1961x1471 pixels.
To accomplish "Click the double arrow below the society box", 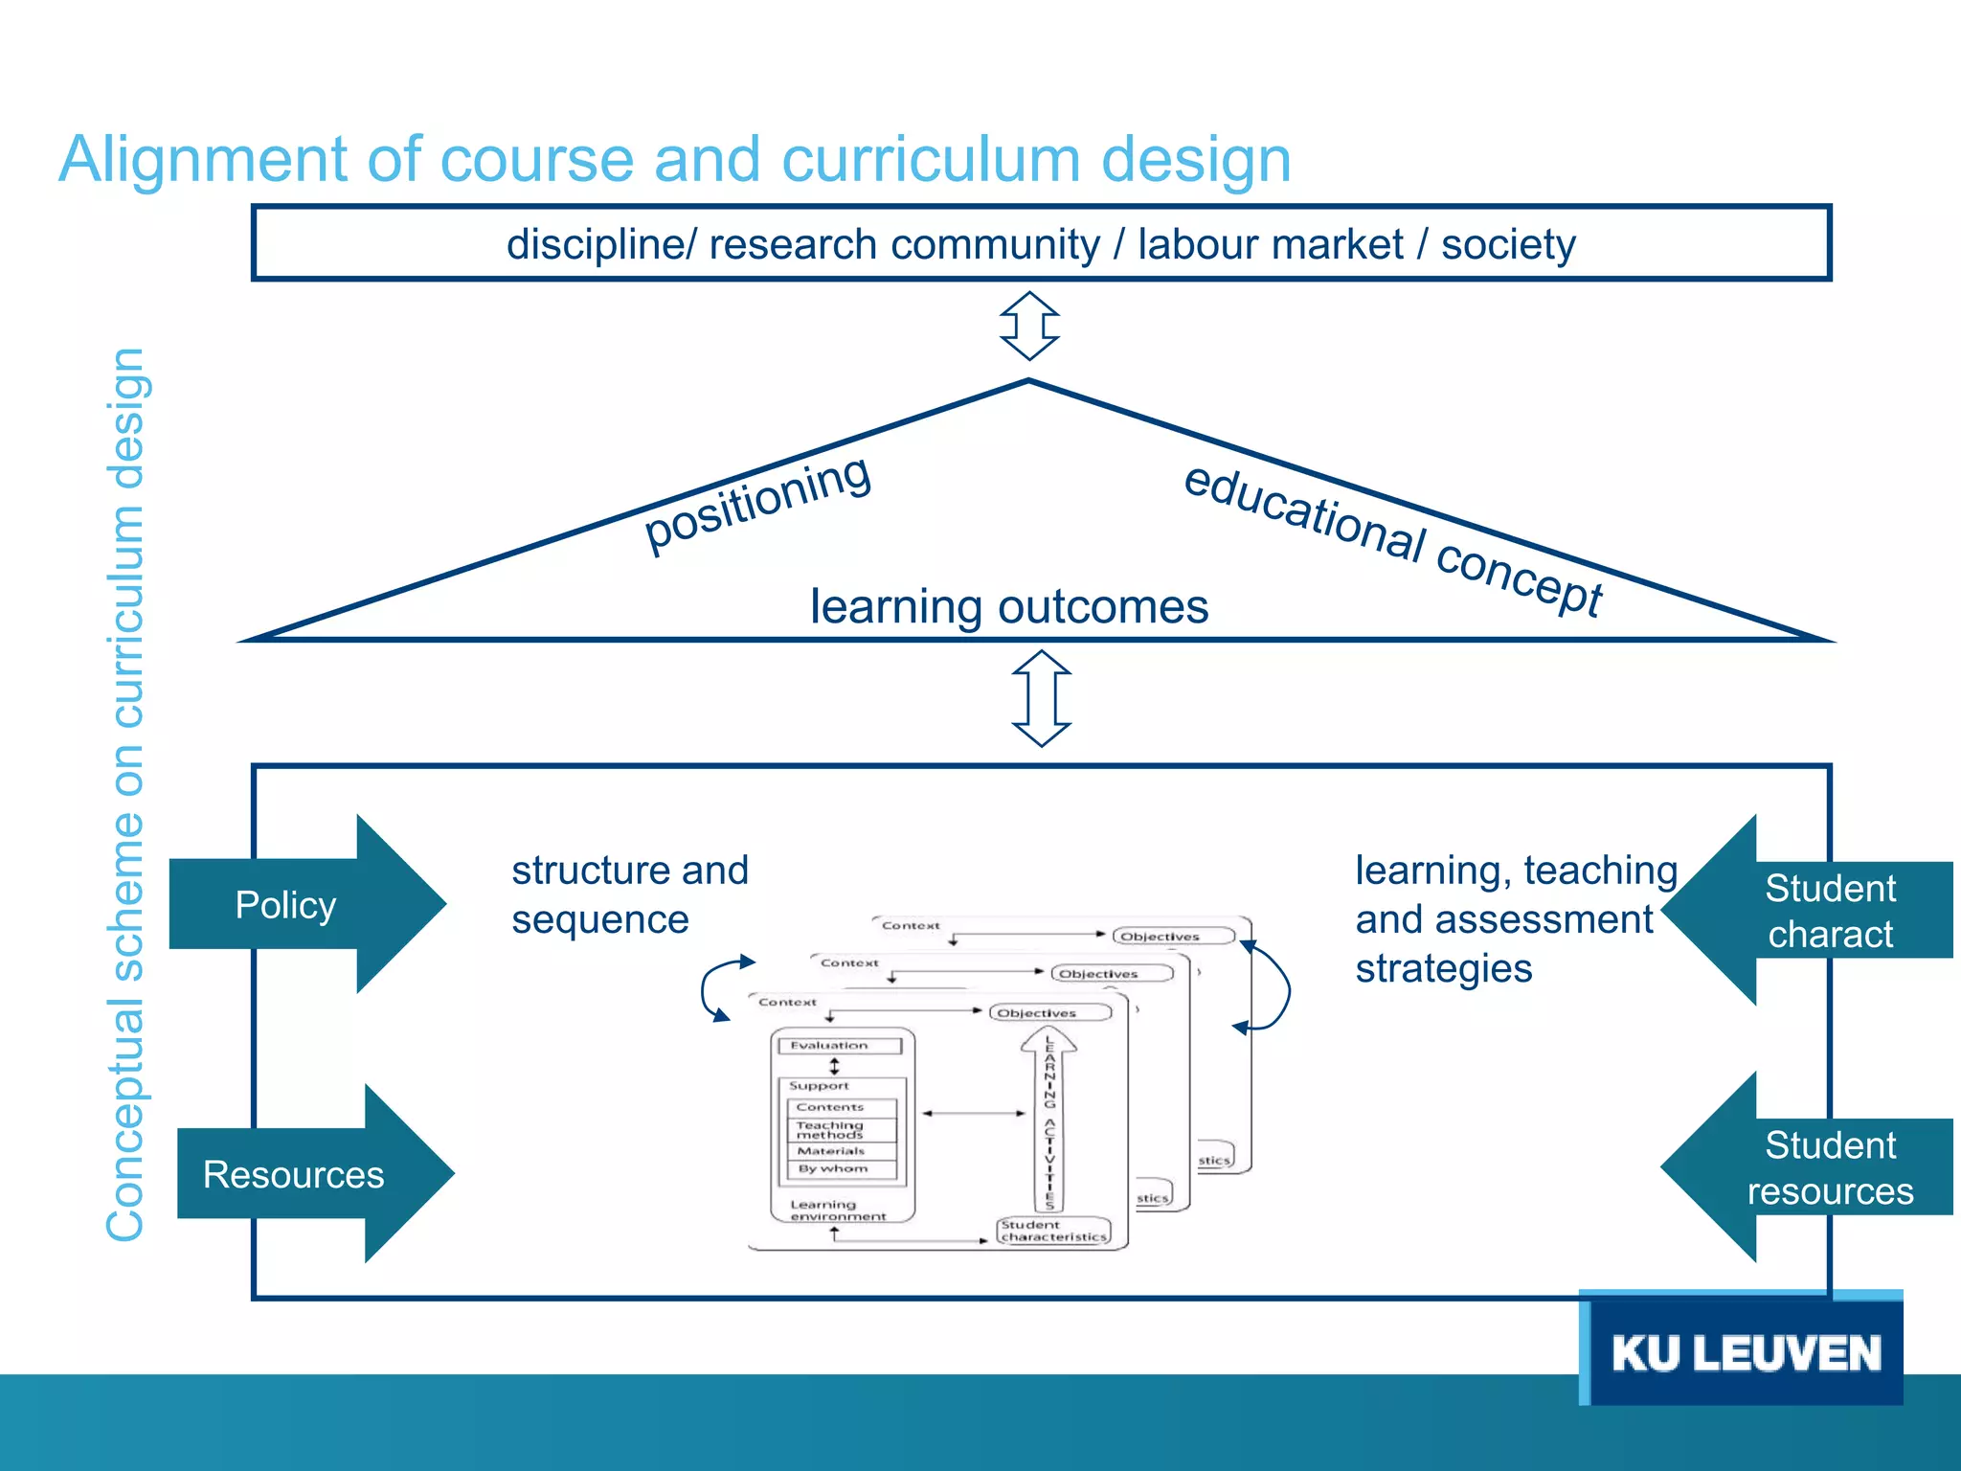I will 1029,327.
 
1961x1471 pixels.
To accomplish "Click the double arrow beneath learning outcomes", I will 1042,698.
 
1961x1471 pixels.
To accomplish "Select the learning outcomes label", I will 1009,607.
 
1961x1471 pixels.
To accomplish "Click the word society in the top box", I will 1508,244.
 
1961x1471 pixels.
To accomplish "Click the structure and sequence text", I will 629,894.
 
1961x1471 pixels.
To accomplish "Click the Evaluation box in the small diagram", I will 840,1046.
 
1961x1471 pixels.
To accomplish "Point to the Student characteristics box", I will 1053,1231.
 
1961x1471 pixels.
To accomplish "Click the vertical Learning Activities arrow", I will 1049,1120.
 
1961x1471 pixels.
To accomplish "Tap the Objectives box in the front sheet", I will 1049,1013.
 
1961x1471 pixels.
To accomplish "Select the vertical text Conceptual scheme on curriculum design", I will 125,795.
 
